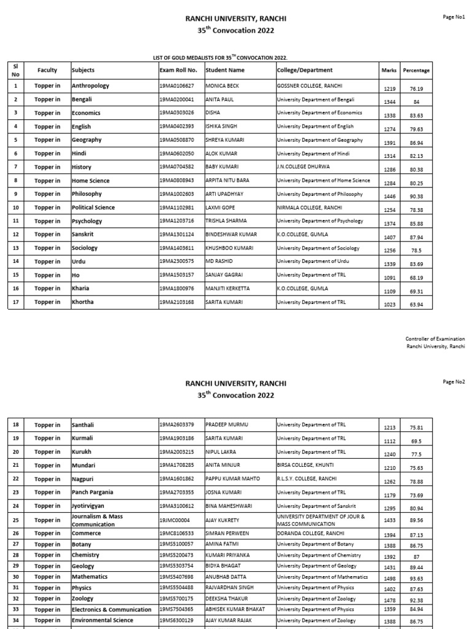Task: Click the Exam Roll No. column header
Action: click(178, 70)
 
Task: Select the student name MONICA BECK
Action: click(222, 86)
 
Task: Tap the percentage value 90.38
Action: click(415, 197)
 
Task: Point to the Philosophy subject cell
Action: click(87, 194)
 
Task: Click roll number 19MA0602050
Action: click(176, 154)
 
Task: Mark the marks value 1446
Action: click(388, 197)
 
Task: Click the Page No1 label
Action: click(454, 17)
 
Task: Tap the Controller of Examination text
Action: click(435, 339)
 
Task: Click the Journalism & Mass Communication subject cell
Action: click(97, 520)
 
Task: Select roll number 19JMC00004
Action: click(174, 520)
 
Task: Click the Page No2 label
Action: click(454, 381)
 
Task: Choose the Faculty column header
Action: click(47, 70)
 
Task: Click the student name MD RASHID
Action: click(219, 262)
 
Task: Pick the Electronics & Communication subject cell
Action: click(111, 609)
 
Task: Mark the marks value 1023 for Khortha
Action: click(388, 305)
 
